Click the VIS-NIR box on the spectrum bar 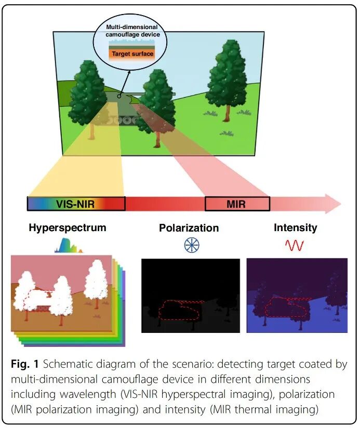point(75,204)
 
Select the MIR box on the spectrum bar point(236,204)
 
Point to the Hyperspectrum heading point(68,227)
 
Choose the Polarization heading point(189,228)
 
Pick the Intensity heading point(295,227)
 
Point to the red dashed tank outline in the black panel point(179,311)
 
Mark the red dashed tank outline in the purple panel point(285,307)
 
